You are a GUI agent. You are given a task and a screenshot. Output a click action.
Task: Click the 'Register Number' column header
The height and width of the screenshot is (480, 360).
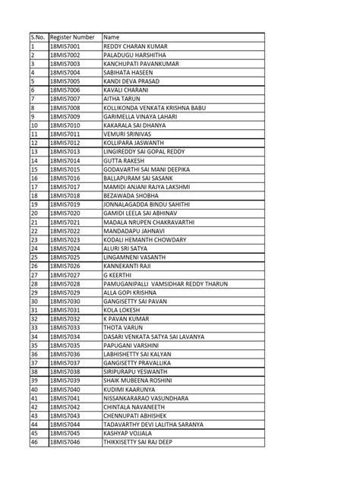72,37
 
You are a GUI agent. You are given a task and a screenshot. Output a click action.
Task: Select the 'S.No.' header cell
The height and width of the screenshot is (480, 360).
39,37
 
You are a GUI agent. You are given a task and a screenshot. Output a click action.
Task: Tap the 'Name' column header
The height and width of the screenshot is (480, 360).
112,37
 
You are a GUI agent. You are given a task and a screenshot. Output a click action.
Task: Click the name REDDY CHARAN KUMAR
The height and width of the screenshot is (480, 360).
135,46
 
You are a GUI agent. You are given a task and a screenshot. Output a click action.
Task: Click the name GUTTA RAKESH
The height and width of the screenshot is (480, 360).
124,160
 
